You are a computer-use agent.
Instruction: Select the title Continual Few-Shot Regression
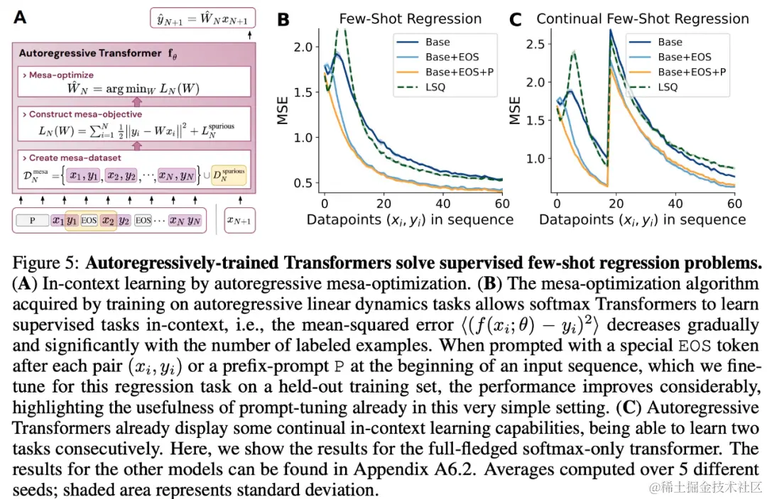click(643, 18)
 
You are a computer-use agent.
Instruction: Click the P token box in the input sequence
click(32, 220)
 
